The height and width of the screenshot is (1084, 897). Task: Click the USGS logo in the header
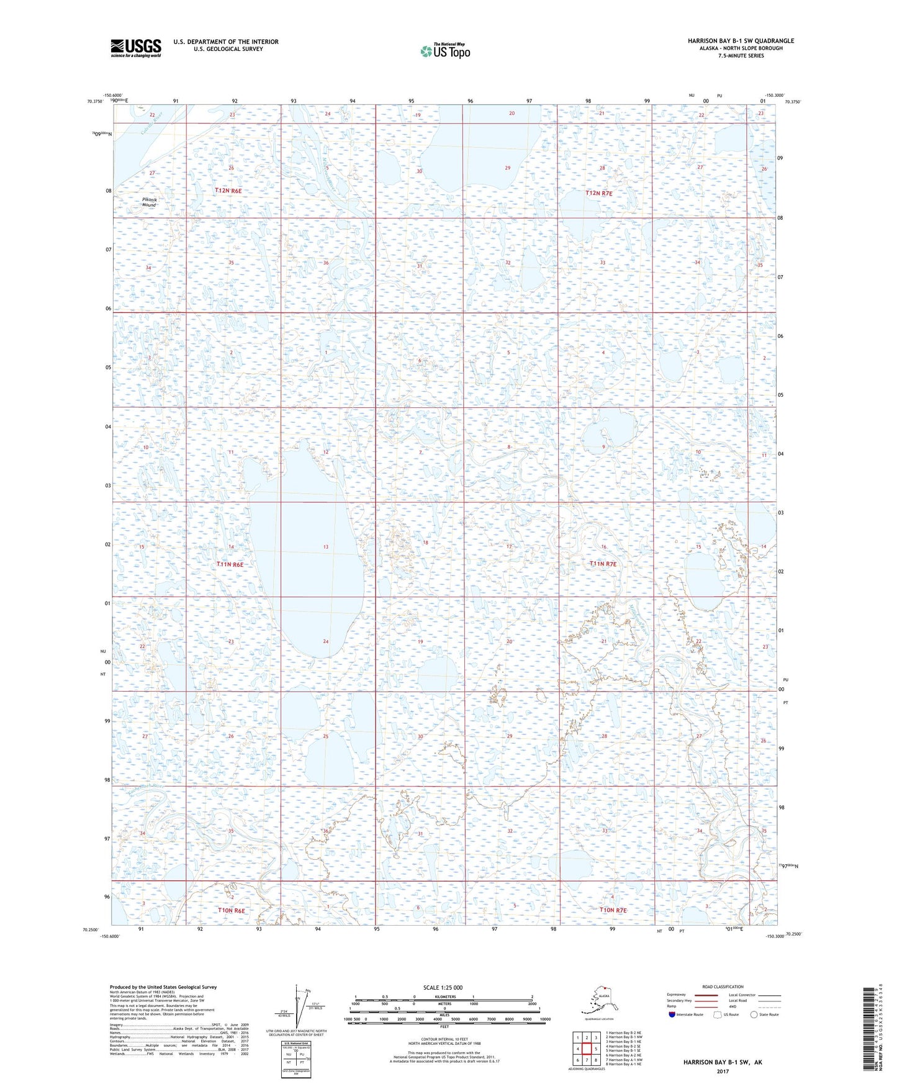(135, 48)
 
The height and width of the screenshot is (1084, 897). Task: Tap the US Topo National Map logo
(444, 51)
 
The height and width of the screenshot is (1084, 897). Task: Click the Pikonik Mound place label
(149, 202)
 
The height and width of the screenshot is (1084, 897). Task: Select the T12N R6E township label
(228, 191)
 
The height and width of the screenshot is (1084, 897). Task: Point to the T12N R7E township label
(599, 194)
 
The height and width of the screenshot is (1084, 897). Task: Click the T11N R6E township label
(230, 564)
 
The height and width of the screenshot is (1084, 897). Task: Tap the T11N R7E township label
(603, 564)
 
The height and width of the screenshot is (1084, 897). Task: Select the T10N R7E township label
(613, 910)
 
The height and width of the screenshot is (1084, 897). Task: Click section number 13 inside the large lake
(325, 547)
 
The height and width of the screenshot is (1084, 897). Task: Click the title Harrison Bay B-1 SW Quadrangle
(740, 41)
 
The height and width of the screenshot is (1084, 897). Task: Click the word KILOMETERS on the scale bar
(443, 996)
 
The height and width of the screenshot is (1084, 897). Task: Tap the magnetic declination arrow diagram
(302, 1009)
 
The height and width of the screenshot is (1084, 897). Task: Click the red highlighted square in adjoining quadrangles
(587, 1048)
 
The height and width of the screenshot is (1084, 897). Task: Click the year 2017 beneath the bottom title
(722, 1072)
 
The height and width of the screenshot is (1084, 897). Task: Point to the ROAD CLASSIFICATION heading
(722, 987)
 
